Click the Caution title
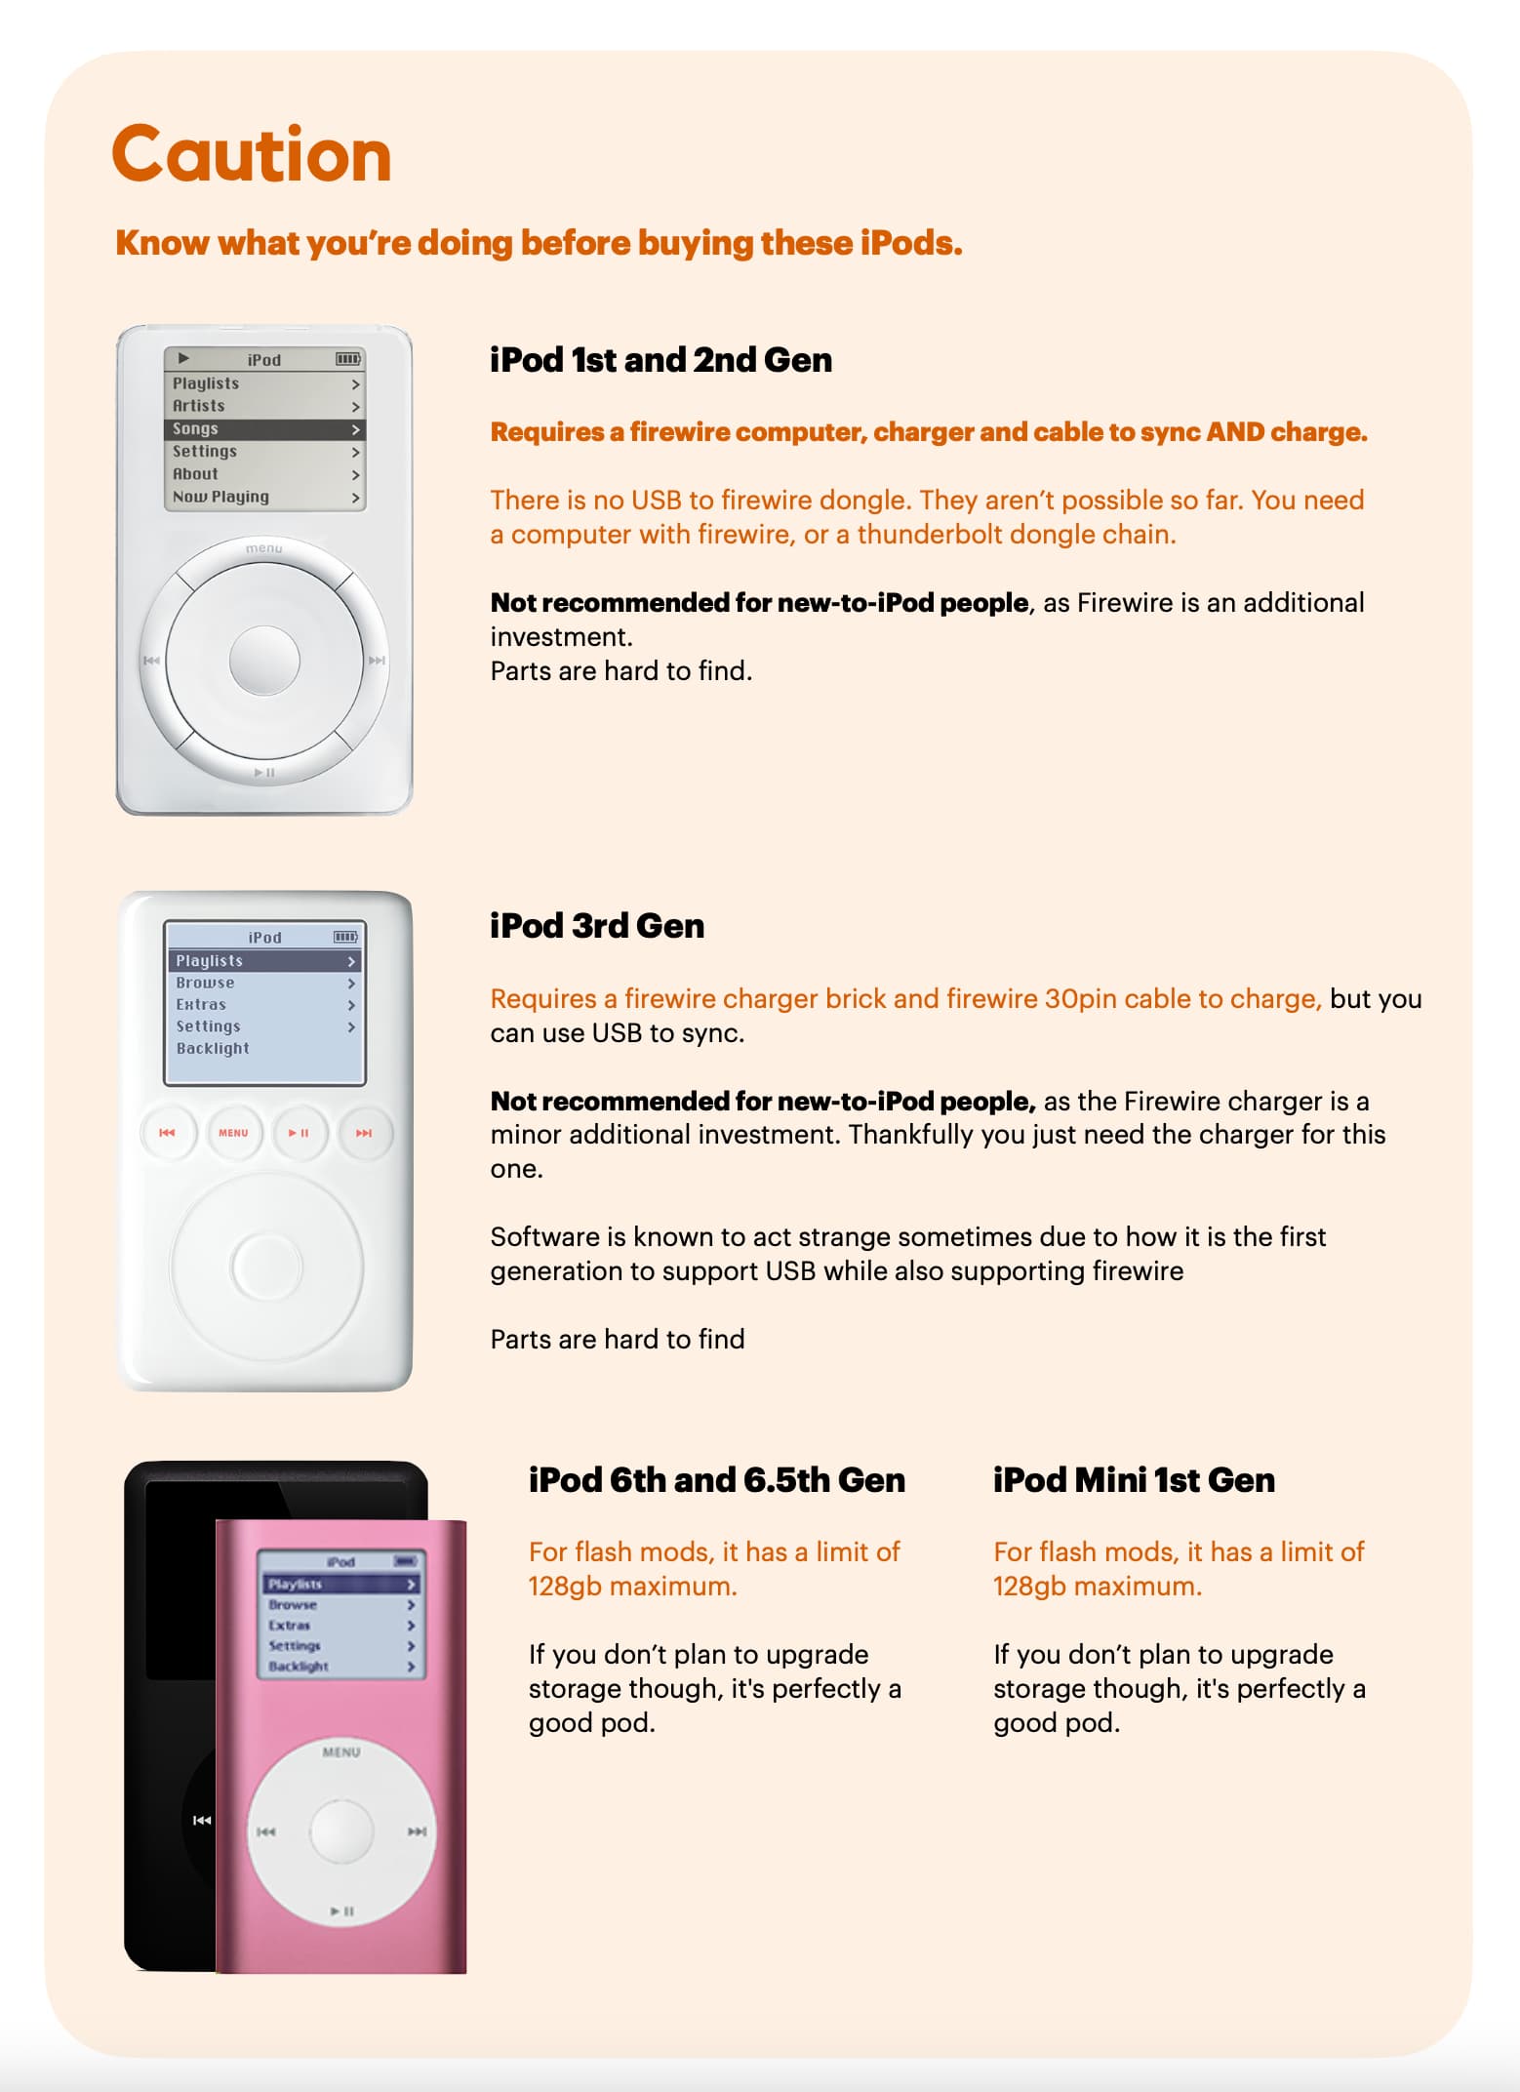click(252, 154)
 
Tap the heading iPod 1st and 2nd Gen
click(660, 360)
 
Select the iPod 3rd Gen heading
click(597, 926)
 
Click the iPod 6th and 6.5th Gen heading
click(717, 1480)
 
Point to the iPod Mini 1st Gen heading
click(1134, 1480)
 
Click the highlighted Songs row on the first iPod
click(264, 429)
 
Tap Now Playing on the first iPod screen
click(221, 497)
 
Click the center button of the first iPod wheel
click(264, 661)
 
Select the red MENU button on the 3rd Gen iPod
click(233, 1133)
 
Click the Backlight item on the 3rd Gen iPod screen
click(213, 1049)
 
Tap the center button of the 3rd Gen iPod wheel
click(266, 1267)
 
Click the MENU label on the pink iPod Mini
click(341, 1752)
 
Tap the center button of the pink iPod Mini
click(341, 1830)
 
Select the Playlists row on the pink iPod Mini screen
click(340, 1584)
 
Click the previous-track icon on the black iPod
click(202, 1820)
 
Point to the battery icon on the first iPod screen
click(348, 359)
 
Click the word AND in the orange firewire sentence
click(1235, 431)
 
